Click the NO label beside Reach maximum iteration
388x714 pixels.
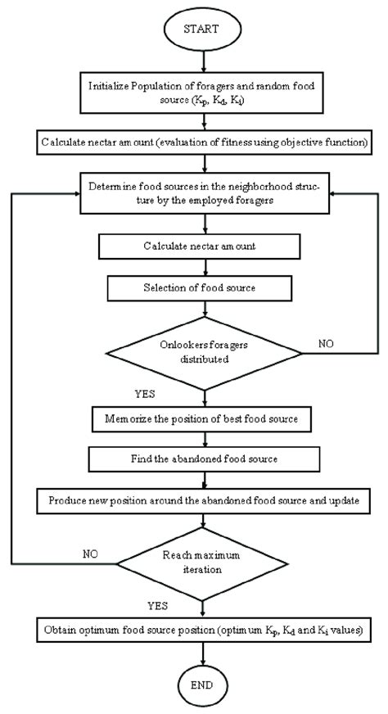(x=90, y=554)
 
